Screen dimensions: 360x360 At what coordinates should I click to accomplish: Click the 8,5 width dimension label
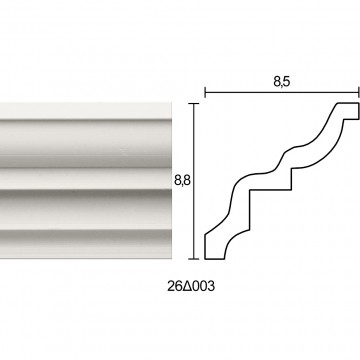pos(282,81)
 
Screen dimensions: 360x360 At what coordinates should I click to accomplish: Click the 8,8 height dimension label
pos(182,180)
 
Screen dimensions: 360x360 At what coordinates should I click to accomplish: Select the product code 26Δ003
pos(191,286)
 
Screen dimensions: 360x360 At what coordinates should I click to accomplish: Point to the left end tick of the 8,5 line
pos(205,92)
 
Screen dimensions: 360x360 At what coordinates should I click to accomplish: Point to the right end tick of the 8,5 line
pos(359,92)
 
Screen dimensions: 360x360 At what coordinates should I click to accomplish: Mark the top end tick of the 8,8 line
pos(194,104)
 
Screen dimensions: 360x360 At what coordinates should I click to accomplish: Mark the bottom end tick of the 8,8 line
pos(194,259)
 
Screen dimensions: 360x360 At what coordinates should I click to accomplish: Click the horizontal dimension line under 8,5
pos(282,92)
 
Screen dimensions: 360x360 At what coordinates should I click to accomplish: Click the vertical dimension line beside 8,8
pos(194,181)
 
